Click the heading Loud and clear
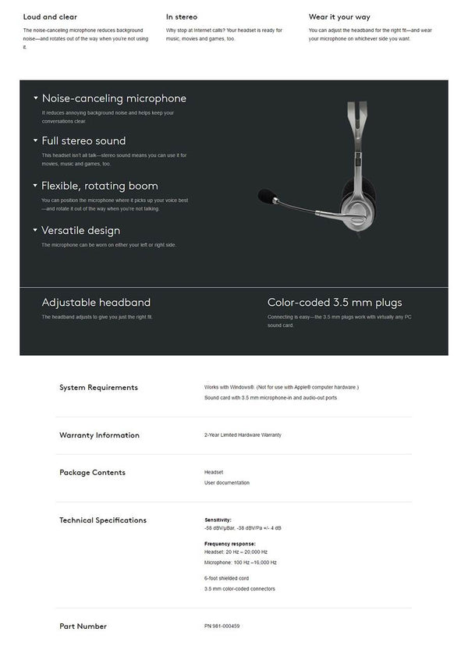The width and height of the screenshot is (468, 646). pyautogui.click(x=50, y=16)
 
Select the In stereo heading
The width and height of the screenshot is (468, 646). pyautogui.click(x=181, y=16)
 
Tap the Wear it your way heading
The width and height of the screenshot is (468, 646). pyautogui.click(x=339, y=16)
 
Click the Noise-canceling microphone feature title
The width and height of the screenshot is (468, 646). pyautogui.click(x=114, y=99)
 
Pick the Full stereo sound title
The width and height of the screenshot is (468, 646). pyautogui.click(x=83, y=141)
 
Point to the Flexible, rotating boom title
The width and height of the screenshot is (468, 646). pyautogui.click(x=100, y=186)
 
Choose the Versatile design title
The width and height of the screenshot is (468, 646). pyautogui.click(x=81, y=230)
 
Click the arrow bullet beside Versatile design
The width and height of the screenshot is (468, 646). pyautogui.click(x=35, y=230)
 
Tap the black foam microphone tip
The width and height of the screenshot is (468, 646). pyautogui.click(x=265, y=193)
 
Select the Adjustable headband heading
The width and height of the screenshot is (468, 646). pyautogui.click(x=96, y=302)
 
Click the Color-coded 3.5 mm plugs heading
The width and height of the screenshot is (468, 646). pyautogui.click(x=335, y=302)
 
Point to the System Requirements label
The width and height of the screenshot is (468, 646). pyautogui.click(x=98, y=387)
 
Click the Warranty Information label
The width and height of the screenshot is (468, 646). pyautogui.click(x=99, y=435)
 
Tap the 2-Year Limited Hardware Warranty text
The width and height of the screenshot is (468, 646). pyautogui.click(x=243, y=435)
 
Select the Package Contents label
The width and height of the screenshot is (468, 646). pyautogui.click(x=92, y=472)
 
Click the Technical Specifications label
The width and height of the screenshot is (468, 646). pyautogui.click(x=103, y=520)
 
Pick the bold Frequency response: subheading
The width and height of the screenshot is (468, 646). pyautogui.click(x=230, y=544)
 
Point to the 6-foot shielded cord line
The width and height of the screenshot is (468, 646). pyautogui.click(x=227, y=578)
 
